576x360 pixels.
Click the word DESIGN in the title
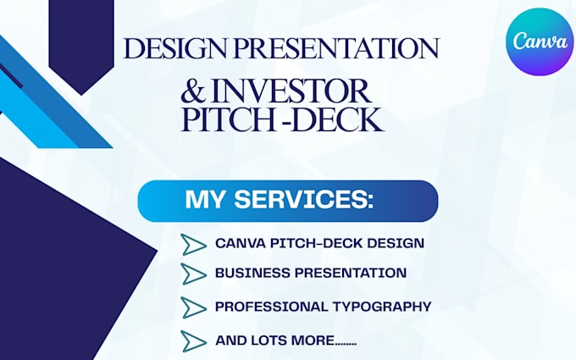click(174, 48)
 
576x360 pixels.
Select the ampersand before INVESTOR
click(194, 91)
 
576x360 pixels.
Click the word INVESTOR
click(291, 91)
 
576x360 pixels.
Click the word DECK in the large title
click(338, 119)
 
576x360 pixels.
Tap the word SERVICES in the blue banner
click(304, 199)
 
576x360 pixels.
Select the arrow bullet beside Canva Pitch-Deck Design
click(193, 244)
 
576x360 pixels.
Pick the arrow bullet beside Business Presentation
click(193, 274)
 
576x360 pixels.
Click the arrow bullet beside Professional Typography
click(193, 307)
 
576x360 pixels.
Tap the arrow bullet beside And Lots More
click(193, 341)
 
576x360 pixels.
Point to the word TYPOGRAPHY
click(382, 307)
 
